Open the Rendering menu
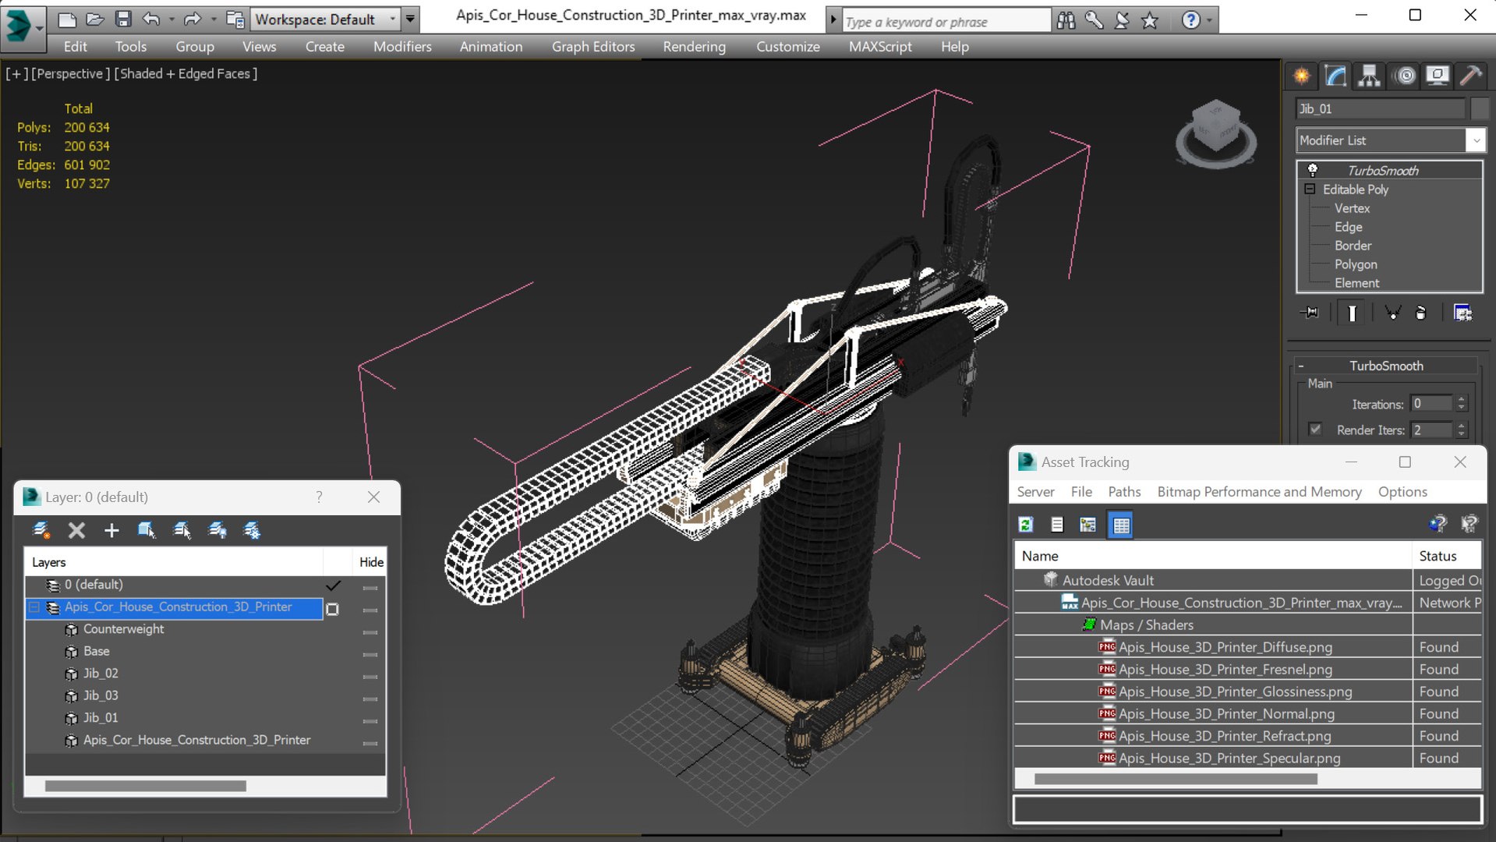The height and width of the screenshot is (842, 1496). [x=694, y=47]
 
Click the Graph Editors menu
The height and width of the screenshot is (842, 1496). [x=592, y=47]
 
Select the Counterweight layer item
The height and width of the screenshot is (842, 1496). [x=123, y=629]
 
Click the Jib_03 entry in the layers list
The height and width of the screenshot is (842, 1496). [x=101, y=695]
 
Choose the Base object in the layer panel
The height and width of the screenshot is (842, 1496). [x=96, y=651]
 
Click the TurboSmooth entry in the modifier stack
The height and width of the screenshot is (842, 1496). [x=1382, y=171]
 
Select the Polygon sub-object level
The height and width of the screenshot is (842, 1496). [x=1355, y=264]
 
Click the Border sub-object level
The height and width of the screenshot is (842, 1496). [x=1352, y=246]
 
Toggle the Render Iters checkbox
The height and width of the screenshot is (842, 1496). [x=1315, y=430]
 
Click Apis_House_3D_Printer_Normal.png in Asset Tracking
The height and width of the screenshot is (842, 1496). [x=1225, y=713]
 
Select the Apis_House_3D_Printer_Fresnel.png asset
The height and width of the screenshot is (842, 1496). [x=1225, y=669]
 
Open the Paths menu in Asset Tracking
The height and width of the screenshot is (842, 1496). [x=1123, y=492]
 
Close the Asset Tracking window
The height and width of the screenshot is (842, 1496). [x=1459, y=462]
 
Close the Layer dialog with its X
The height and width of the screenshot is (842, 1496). [x=373, y=497]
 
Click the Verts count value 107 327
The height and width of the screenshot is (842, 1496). [x=87, y=184]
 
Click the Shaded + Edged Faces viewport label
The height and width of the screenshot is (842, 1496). [x=186, y=74]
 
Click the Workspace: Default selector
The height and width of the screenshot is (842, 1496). [x=324, y=19]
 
